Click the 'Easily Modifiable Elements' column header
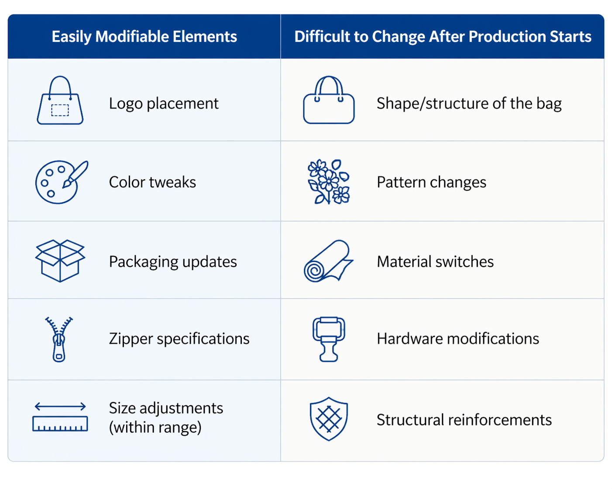coord(144,37)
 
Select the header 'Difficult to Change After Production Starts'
coord(443,37)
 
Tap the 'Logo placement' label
coord(164,103)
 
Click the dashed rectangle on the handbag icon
coord(60,110)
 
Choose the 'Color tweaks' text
coord(152,182)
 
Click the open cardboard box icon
coord(60,261)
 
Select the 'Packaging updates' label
coord(173,262)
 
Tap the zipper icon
coord(59,340)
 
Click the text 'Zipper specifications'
coord(179,339)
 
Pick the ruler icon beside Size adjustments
coord(60,424)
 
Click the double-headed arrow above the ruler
coord(60,406)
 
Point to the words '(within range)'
coord(155,428)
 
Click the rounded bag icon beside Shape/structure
coord(329,100)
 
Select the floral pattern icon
coord(329,181)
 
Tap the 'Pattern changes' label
coord(431,182)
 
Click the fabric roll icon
coord(328,261)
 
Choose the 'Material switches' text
coord(435,261)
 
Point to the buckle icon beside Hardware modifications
coord(329,339)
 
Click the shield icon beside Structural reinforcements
coord(329,419)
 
